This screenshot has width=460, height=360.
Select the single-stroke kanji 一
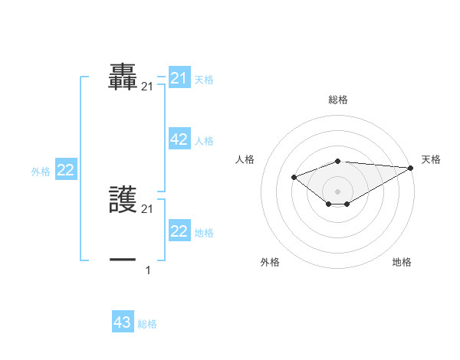pyautogui.click(x=123, y=260)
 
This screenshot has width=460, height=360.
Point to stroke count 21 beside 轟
pyautogui.click(x=147, y=87)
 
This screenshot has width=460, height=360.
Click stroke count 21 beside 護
pyautogui.click(x=148, y=209)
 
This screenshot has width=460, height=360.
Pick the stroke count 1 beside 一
pyautogui.click(x=148, y=270)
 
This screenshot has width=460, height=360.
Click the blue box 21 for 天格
pyautogui.click(x=179, y=78)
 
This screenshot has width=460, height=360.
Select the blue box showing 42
pyautogui.click(x=179, y=139)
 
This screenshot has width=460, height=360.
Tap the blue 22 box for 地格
pyautogui.click(x=179, y=231)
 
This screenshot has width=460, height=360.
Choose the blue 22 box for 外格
pyautogui.click(x=65, y=171)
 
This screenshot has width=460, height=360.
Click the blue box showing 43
pyautogui.click(x=122, y=322)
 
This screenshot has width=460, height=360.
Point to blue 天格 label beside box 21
pyautogui.click(x=204, y=79)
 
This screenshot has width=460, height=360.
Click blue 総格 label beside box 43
pyautogui.click(x=147, y=324)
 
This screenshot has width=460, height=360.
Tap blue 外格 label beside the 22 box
pyautogui.click(x=41, y=172)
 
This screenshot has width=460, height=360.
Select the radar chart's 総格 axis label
pyautogui.click(x=338, y=100)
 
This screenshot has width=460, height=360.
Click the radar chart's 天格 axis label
pyautogui.click(x=431, y=159)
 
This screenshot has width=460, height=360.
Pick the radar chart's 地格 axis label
pyautogui.click(x=402, y=262)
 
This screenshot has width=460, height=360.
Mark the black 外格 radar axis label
pyautogui.click(x=270, y=262)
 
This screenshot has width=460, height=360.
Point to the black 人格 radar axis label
pyautogui.click(x=245, y=159)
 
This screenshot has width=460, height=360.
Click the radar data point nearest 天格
pyautogui.click(x=411, y=168)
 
